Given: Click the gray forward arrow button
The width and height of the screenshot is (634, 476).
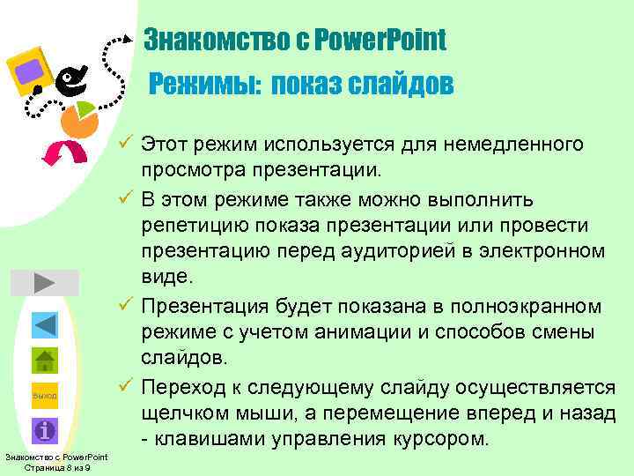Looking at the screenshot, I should pos(45,283).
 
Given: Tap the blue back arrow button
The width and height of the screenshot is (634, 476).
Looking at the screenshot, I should pos(45,324).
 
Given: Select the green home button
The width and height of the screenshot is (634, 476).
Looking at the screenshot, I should pos(45,361).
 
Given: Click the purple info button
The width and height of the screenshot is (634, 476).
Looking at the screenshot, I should pos(45,430).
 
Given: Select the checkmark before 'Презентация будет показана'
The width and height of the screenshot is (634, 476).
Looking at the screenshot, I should pos(127,307).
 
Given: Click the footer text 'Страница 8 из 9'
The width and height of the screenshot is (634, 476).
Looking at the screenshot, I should pos(55,467).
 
